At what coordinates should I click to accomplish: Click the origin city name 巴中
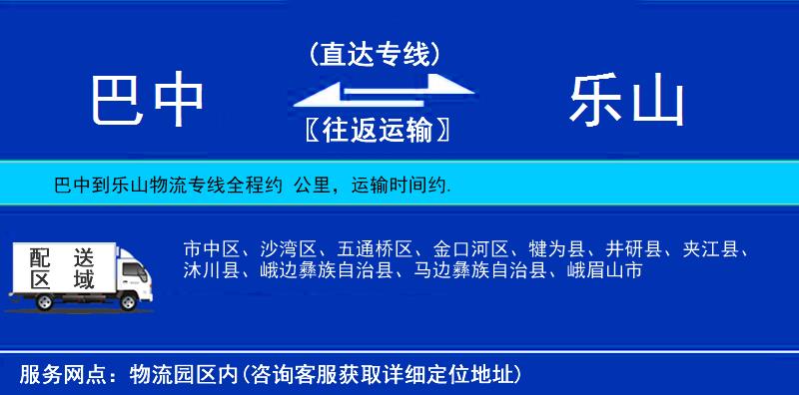click(148, 101)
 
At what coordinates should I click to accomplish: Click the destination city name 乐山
click(627, 101)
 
